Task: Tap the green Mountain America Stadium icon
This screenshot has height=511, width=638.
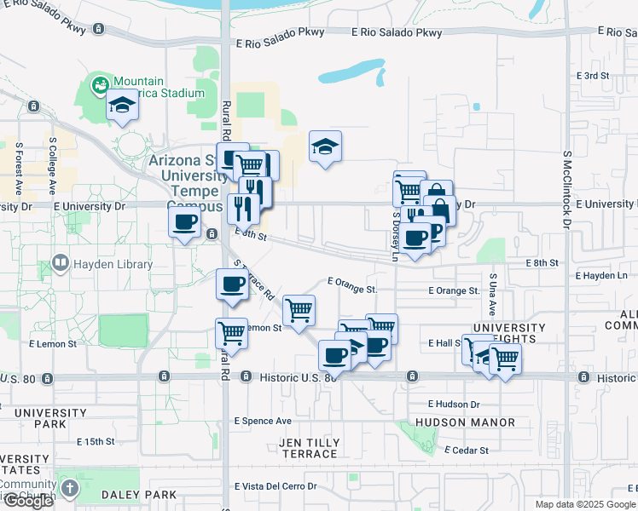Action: [101, 85]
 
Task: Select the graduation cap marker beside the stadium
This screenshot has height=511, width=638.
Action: [122, 106]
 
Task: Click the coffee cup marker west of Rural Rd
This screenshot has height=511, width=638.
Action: [185, 224]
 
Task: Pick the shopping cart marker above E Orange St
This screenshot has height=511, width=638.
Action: [299, 309]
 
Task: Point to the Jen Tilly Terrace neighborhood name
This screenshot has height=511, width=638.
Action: [309, 448]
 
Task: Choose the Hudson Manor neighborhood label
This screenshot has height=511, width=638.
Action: [465, 422]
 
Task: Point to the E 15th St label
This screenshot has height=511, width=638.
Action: [95, 442]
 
